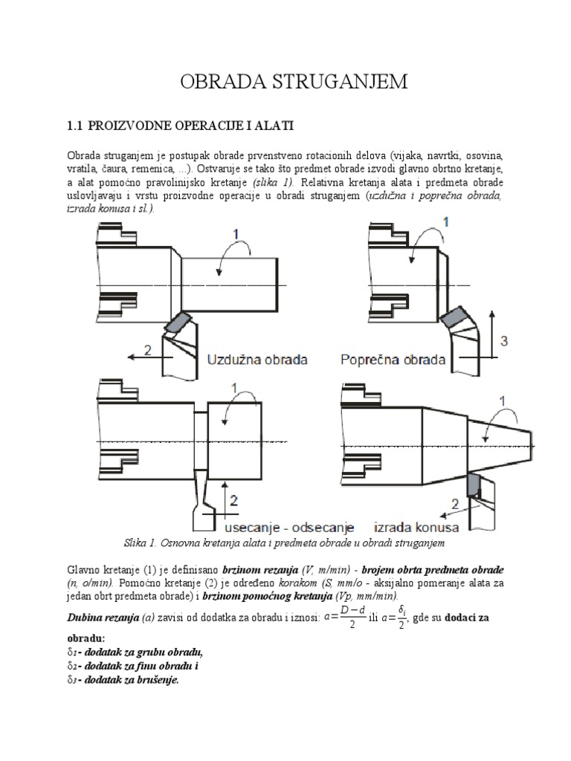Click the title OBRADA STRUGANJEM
tap(294, 82)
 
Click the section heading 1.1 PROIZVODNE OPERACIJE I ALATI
tap(183, 126)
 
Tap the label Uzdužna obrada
tap(257, 360)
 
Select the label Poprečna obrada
tap(393, 360)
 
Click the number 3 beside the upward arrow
tap(505, 341)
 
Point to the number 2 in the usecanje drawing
tap(234, 501)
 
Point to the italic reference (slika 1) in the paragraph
tap(273, 181)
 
